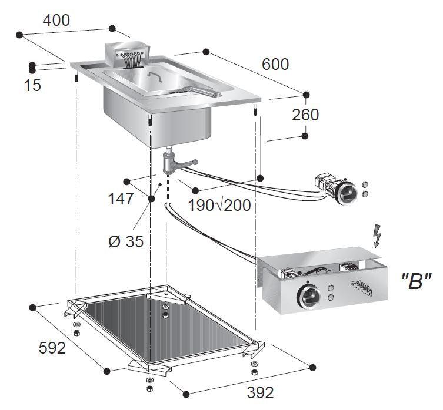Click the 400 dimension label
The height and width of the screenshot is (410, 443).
click(x=56, y=19)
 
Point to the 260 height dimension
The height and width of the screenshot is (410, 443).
click(x=305, y=115)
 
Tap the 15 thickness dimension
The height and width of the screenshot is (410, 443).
click(x=33, y=85)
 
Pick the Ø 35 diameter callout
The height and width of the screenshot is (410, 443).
click(x=126, y=241)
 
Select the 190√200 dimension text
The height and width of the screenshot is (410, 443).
click(x=219, y=205)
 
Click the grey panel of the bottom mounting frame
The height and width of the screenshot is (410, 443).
click(x=165, y=332)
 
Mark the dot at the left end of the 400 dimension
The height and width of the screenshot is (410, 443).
click(x=19, y=35)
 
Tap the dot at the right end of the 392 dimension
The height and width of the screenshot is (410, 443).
click(x=312, y=368)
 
